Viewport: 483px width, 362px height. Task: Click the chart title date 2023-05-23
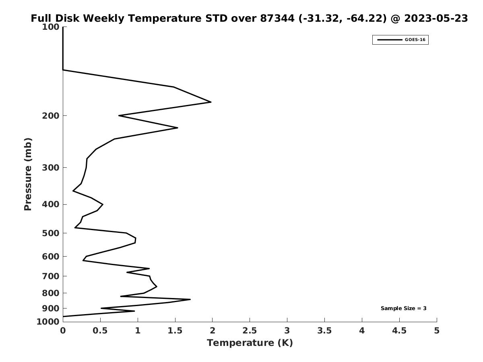point(436,19)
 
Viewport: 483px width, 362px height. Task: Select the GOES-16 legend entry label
point(415,40)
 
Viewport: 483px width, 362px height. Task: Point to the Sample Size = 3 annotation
point(403,309)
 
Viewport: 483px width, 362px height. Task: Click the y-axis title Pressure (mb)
point(28,174)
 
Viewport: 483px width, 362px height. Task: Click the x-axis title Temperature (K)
point(250,343)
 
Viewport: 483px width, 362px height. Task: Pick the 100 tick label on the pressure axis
point(51,27)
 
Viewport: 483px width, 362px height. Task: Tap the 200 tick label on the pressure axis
point(51,116)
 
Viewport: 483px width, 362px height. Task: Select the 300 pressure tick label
point(51,167)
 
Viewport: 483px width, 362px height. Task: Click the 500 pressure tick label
point(51,233)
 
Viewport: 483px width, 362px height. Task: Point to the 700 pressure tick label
point(51,276)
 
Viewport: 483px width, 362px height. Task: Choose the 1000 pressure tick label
point(48,322)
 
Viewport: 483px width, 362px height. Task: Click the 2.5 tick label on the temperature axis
point(250,331)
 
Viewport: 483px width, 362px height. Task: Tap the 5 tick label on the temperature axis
point(437,331)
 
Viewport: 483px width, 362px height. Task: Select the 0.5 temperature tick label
point(100,331)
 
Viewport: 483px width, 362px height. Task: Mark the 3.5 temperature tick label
point(324,331)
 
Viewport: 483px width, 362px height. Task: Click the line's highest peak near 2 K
point(211,102)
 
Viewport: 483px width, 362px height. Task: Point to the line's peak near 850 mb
point(190,299)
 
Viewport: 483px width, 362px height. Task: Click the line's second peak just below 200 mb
point(178,128)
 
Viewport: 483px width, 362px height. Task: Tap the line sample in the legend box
point(389,40)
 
